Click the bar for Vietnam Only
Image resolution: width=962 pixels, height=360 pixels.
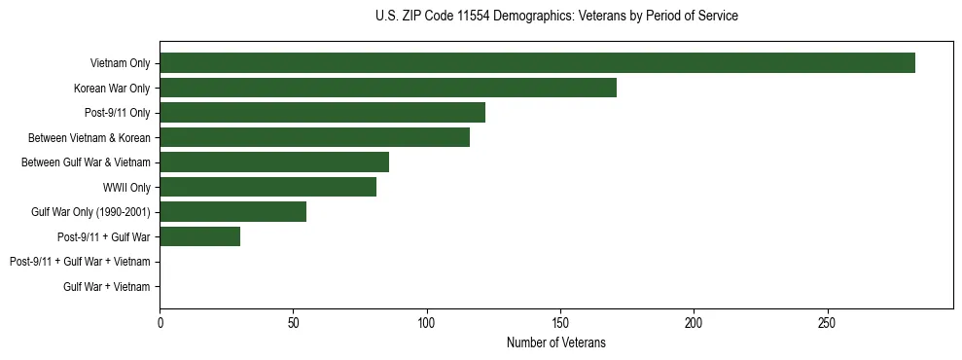(537, 63)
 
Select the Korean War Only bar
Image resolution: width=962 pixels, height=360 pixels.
(387, 89)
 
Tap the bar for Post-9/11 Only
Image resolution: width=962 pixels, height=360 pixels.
(322, 113)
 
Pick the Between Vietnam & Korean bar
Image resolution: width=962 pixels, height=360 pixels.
(314, 137)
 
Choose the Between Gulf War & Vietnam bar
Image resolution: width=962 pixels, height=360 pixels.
(274, 162)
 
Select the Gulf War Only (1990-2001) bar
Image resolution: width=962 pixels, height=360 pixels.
(232, 212)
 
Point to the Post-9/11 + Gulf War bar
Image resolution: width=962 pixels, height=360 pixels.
(199, 236)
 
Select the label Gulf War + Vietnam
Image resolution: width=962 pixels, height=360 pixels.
(106, 287)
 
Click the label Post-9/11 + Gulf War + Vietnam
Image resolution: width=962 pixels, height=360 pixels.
(80, 262)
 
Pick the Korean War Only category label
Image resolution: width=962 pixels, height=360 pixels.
(112, 89)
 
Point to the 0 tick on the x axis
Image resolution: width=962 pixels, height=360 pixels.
(160, 322)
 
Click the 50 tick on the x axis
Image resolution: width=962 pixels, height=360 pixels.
(293, 322)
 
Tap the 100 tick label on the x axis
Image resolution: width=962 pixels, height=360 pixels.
(426, 322)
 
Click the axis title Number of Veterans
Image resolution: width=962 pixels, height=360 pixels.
(555, 342)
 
